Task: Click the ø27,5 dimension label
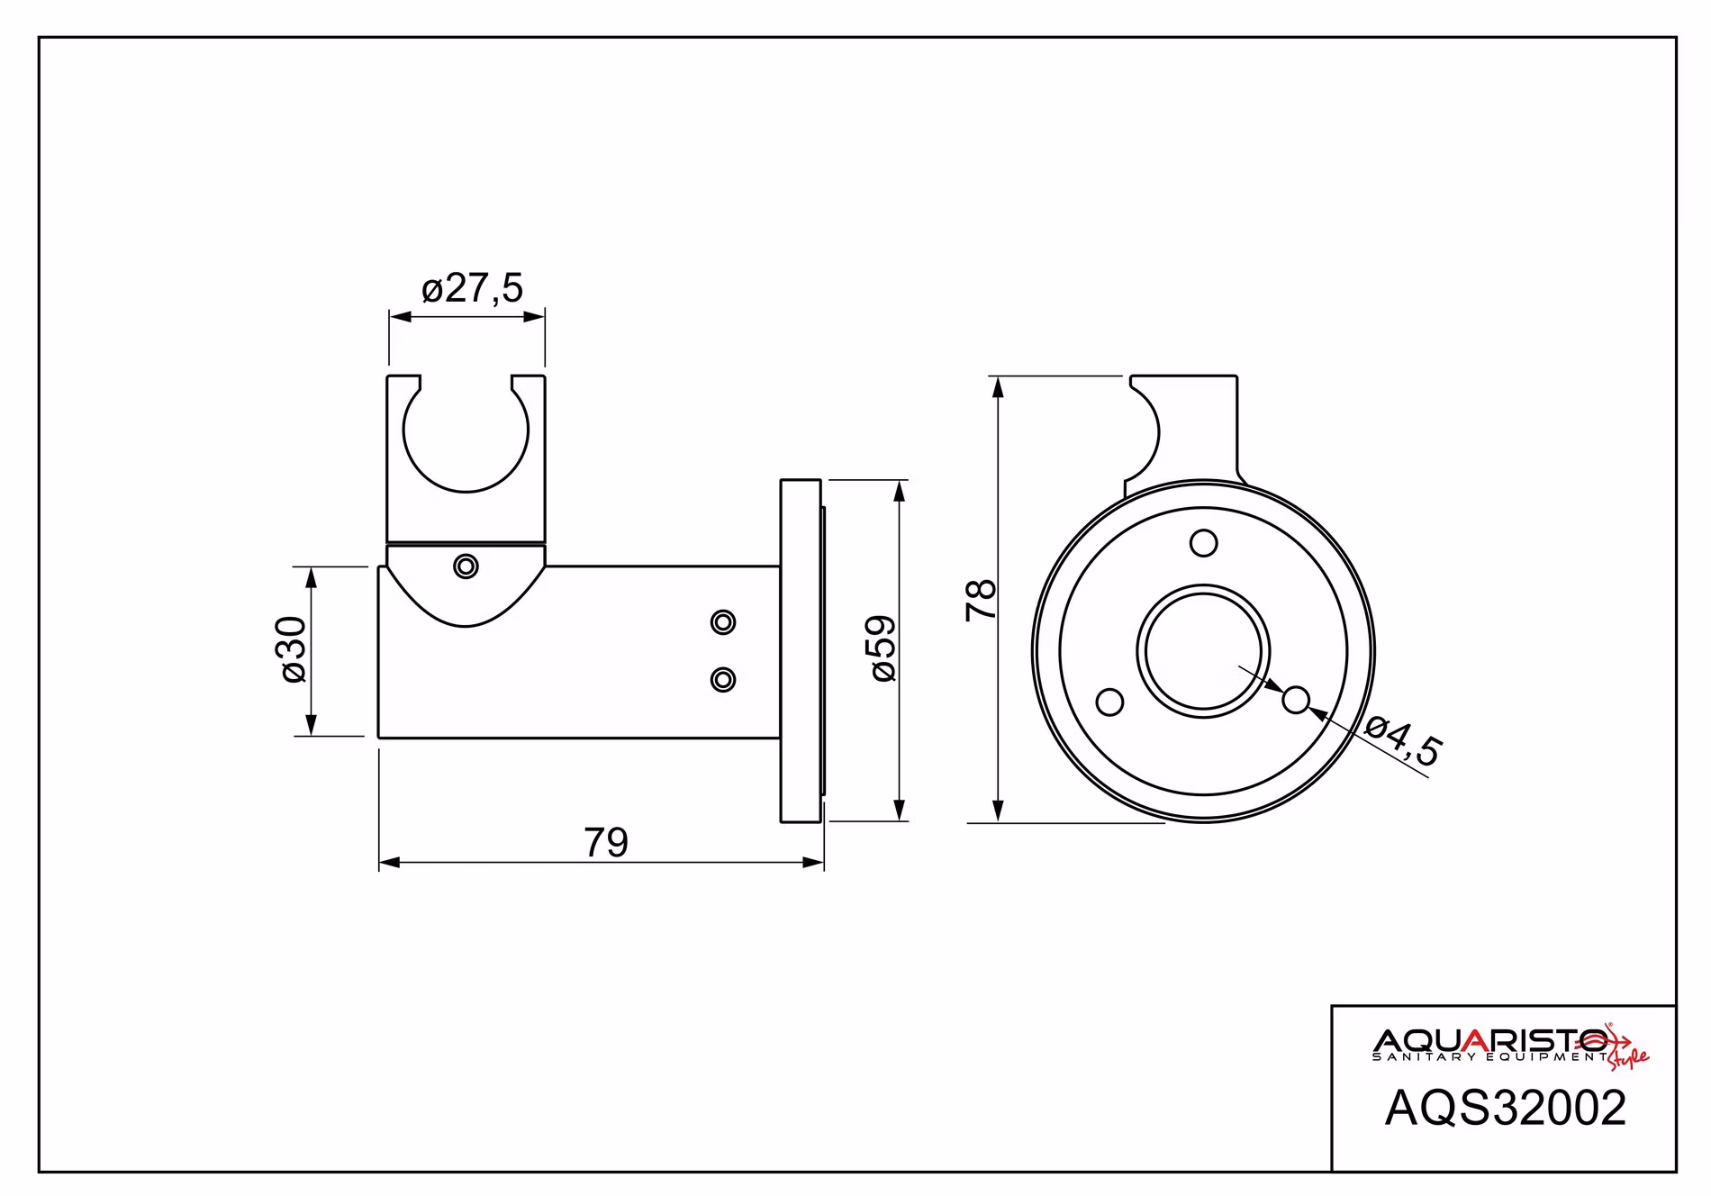pyautogui.click(x=472, y=288)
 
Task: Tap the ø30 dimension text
pyautogui.click(x=294, y=650)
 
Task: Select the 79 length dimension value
pyautogui.click(x=606, y=843)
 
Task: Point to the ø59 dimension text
pyautogui.click(x=883, y=648)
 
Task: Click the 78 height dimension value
pyautogui.click(x=981, y=599)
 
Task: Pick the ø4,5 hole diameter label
pyautogui.click(x=1403, y=741)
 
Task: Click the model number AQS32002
pyautogui.click(x=1506, y=1108)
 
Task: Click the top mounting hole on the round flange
pyautogui.click(x=1204, y=543)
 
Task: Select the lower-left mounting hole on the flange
pyautogui.click(x=1110, y=702)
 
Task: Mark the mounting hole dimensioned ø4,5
pyautogui.click(x=1296, y=699)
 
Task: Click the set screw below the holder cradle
pyautogui.click(x=466, y=566)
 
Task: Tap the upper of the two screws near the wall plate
pyautogui.click(x=723, y=621)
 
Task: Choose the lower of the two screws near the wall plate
pyautogui.click(x=723, y=679)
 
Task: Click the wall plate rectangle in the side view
pyautogui.click(x=801, y=650)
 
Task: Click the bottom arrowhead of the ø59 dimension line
pyautogui.click(x=899, y=810)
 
